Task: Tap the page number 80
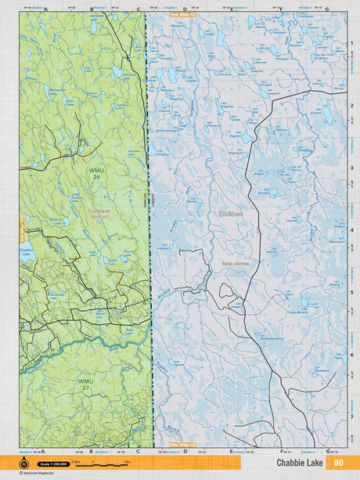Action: [338, 463]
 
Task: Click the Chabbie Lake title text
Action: [301, 463]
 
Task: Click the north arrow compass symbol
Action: [23, 464]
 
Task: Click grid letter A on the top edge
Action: [45, 9]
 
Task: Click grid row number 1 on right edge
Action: [351, 42]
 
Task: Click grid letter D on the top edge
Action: [185, 9]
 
